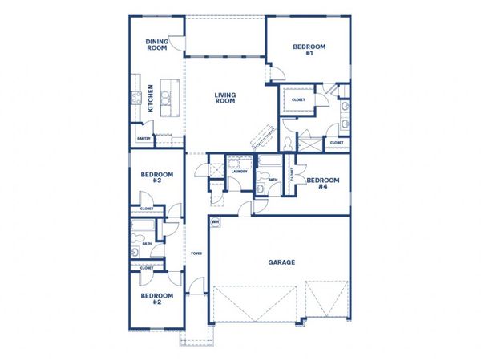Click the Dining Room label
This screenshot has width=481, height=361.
tap(156, 44)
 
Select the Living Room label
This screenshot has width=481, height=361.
tap(225, 99)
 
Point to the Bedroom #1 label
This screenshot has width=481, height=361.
tap(309, 50)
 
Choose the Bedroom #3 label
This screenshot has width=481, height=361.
tap(152, 177)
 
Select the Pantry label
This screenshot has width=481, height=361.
tap(143, 139)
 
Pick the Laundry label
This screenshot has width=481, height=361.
tap(238, 172)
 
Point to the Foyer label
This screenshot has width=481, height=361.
tap(196, 254)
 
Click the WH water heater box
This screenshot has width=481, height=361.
tap(215, 221)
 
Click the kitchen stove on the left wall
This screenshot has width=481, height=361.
tap(135, 99)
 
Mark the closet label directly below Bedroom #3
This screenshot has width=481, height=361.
tap(147, 209)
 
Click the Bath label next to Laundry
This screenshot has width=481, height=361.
tap(273, 180)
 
